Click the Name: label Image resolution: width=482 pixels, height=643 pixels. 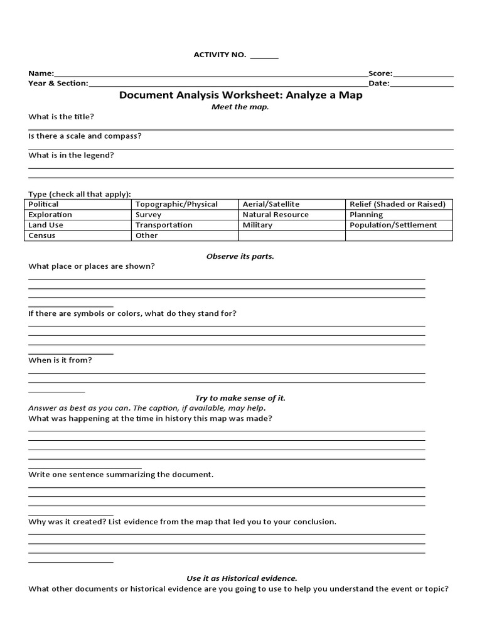[x=41, y=73]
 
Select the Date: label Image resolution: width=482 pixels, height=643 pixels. [x=378, y=83]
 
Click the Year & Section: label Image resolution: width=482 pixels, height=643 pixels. [x=58, y=83]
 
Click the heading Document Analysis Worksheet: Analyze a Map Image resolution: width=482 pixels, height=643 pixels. [x=241, y=95]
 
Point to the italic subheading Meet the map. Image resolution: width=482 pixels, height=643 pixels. [x=240, y=107]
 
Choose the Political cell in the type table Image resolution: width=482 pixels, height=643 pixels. [x=44, y=204]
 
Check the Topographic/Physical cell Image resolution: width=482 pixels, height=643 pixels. [x=176, y=204]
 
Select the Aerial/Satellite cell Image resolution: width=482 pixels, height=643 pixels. [x=271, y=204]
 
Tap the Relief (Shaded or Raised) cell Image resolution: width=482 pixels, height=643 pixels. [x=397, y=204]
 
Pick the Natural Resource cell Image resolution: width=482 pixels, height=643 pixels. [x=276, y=215]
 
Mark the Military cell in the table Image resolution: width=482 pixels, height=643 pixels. [x=257, y=225]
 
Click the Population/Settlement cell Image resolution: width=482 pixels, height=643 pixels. [x=393, y=225]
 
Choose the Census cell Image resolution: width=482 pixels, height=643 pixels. [x=42, y=235]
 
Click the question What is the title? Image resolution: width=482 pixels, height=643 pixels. [x=62, y=117]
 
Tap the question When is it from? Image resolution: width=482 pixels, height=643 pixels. [x=60, y=360]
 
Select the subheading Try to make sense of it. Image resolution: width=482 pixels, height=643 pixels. [x=240, y=398]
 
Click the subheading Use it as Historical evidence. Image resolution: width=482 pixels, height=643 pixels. [x=242, y=578]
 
